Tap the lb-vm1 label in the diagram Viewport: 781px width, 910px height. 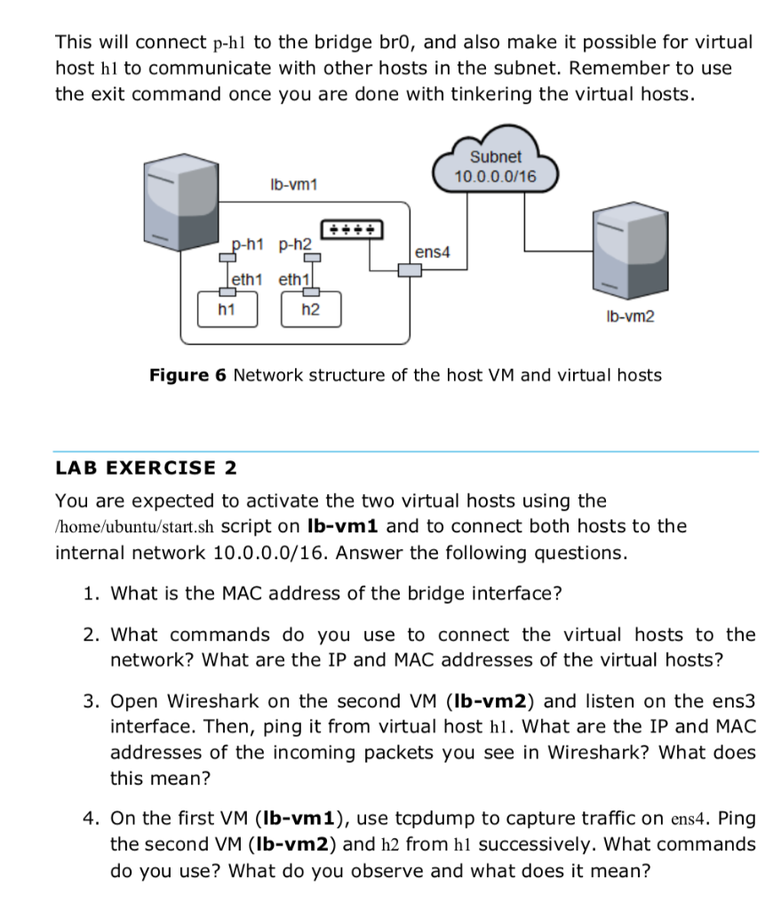(x=293, y=185)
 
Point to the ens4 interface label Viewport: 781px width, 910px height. (x=433, y=252)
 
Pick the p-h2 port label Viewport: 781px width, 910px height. (x=294, y=243)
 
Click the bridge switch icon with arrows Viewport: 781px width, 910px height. (x=354, y=229)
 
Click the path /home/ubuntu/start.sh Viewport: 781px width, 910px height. (x=134, y=527)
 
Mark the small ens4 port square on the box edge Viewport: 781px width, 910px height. (x=409, y=269)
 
